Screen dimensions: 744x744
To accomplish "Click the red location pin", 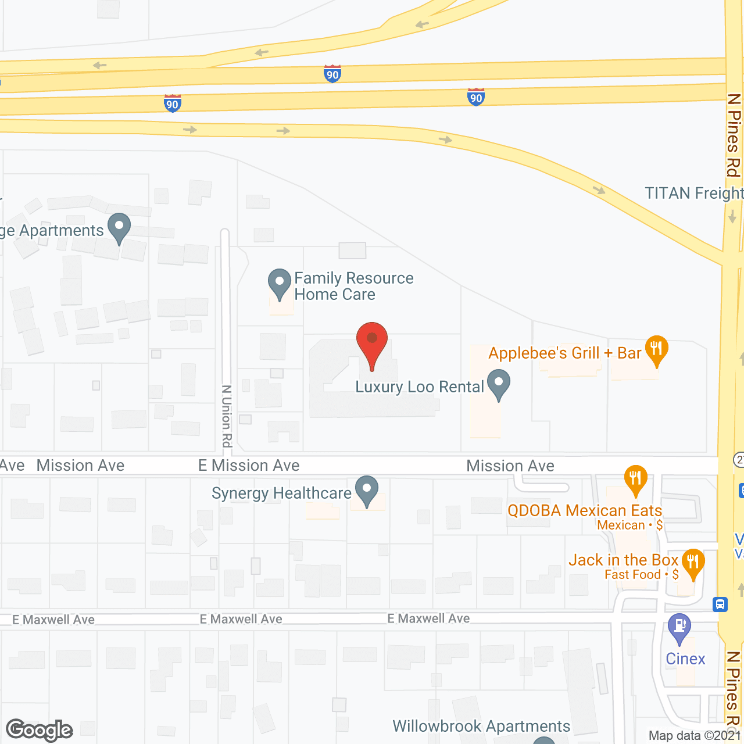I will tap(371, 343).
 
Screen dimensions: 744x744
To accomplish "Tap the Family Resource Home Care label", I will tap(353, 286).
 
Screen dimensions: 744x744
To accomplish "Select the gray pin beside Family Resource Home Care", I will tap(280, 283).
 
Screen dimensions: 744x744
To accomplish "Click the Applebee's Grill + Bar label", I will tap(564, 353).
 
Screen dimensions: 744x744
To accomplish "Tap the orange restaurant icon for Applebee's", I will tap(656, 350).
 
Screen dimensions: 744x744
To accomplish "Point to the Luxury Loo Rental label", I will tap(419, 387).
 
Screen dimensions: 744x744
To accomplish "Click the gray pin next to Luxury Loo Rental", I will tap(499, 385).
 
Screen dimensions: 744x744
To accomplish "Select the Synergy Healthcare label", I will tap(281, 493).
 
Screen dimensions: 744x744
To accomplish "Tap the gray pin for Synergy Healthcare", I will tap(367, 491).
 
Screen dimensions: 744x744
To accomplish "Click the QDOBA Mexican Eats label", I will tap(585, 511).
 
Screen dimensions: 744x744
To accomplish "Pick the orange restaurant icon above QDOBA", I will tap(635, 480).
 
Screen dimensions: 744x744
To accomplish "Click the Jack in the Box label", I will tap(623, 560).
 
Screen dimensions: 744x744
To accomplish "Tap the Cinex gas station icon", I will tap(679, 628).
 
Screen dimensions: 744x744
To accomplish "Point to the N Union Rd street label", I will tap(227, 416).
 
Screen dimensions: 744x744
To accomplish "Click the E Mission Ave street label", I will tap(249, 466).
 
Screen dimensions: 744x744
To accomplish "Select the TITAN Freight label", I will tap(693, 194).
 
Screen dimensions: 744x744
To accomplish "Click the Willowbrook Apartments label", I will tap(481, 727).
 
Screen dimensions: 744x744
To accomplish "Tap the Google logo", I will tap(40, 730).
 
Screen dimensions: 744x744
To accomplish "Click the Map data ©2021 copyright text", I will tap(695, 736).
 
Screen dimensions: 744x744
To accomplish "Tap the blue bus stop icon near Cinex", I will tap(720, 604).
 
